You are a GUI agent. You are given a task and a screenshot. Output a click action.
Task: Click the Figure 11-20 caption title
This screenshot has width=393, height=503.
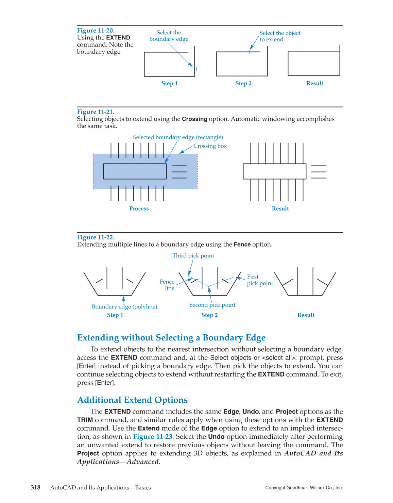click(x=96, y=31)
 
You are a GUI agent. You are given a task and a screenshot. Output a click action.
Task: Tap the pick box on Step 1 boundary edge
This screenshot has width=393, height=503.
click(x=195, y=69)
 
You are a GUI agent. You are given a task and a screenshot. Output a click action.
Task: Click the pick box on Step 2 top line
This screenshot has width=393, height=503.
click(x=248, y=52)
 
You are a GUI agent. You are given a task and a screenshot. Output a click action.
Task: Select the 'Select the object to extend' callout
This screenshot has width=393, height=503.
click(x=279, y=36)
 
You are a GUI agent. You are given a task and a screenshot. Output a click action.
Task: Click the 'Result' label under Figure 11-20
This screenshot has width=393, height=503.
click(x=314, y=83)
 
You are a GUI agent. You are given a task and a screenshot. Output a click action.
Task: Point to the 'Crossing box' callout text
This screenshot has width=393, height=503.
click(x=210, y=146)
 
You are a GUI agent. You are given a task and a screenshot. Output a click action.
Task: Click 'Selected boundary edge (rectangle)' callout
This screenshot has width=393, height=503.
click(x=178, y=137)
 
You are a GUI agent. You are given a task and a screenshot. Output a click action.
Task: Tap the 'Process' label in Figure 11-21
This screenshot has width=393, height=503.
click(x=139, y=208)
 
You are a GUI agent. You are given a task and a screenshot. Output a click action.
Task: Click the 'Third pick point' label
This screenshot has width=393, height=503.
click(x=193, y=256)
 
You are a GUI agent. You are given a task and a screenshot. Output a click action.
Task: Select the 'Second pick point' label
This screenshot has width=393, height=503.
click(x=212, y=305)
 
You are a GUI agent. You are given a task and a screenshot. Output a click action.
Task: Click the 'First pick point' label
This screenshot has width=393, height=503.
click(x=259, y=280)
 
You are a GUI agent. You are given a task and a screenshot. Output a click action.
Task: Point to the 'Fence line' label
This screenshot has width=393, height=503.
click(x=167, y=285)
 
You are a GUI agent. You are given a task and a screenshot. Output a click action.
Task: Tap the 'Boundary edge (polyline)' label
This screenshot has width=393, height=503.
click(x=124, y=307)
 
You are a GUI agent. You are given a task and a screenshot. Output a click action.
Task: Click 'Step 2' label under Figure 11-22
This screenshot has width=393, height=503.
click(x=209, y=315)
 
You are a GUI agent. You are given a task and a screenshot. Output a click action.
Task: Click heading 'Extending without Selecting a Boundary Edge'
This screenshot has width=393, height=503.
click(x=171, y=338)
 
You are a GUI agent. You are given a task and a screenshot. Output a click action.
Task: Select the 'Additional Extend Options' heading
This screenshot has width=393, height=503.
click(x=132, y=400)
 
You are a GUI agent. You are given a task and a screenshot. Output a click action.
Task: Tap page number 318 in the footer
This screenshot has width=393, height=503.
click(x=35, y=488)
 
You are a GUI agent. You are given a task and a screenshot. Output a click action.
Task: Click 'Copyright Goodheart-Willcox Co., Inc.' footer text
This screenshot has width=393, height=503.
click(x=304, y=488)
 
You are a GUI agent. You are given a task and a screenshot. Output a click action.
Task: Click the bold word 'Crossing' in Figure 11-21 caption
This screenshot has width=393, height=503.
click(x=194, y=119)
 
